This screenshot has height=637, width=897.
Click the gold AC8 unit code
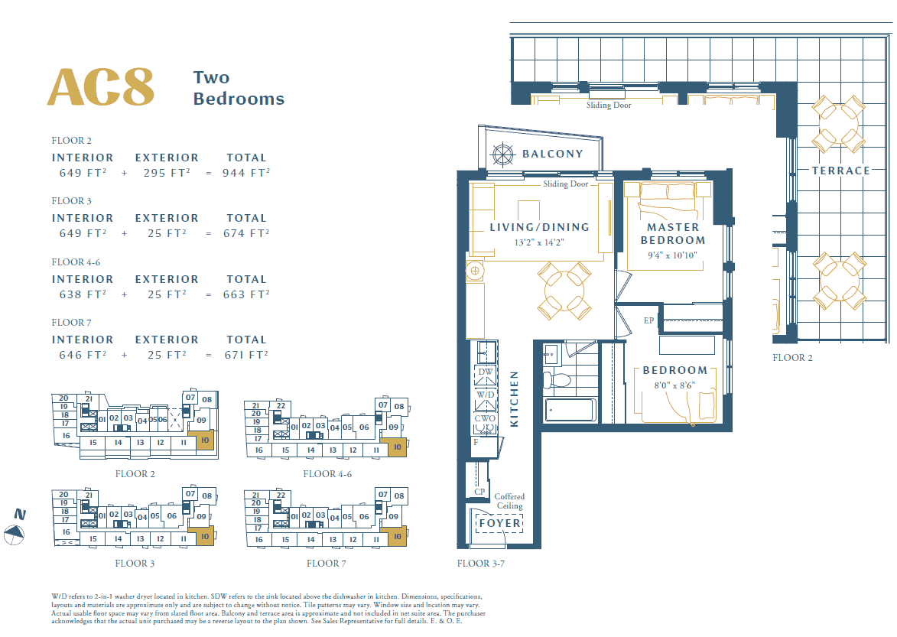(x=101, y=87)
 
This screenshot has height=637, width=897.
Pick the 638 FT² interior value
(x=83, y=294)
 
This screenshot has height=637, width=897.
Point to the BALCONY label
(x=552, y=154)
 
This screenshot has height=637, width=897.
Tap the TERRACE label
(x=840, y=171)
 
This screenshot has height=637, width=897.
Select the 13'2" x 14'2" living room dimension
(x=539, y=242)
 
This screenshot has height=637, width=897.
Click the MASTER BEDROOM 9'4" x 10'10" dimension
(x=673, y=255)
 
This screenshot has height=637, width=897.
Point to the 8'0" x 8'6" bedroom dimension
(x=674, y=386)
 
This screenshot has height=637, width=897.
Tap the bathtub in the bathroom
(x=570, y=411)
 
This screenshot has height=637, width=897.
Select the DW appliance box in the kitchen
(x=486, y=372)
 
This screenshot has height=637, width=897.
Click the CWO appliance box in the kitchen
(x=486, y=419)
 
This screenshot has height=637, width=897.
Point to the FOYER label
(x=499, y=523)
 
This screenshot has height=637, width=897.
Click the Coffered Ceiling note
(x=509, y=502)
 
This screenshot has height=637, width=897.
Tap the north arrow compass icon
(x=15, y=535)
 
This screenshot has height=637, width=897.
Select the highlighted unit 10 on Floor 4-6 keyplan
(x=396, y=450)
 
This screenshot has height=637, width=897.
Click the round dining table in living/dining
(x=564, y=291)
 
